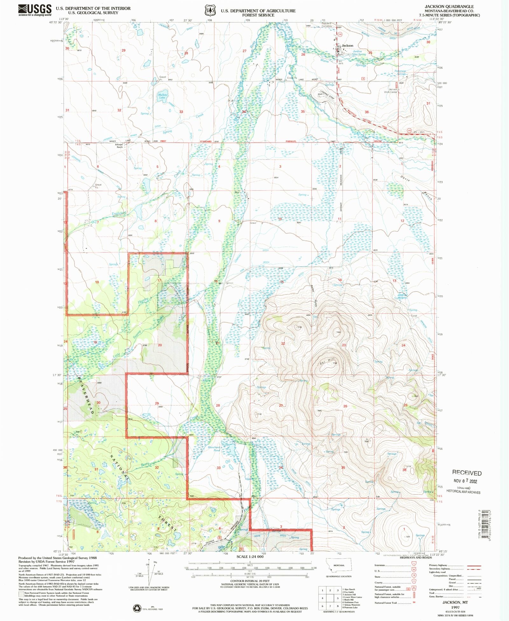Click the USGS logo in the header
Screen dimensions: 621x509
click(x=35, y=10)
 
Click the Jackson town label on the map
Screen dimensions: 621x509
click(x=347, y=46)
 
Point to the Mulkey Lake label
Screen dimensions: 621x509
click(x=162, y=96)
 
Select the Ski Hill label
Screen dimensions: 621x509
click(x=326, y=361)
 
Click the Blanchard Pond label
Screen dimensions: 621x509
click(x=214, y=449)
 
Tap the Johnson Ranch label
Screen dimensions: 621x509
click(x=119, y=146)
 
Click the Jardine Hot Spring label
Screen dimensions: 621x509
click(x=359, y=53)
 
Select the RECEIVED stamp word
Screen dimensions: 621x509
click(x=467, y=473)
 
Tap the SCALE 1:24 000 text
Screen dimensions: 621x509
click(x=250, y=557)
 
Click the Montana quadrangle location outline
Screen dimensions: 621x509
click(x=339, y=565)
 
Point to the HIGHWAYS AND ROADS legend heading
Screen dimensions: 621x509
click(x=415, y=557)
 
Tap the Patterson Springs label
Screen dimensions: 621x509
click(x=400, y=73)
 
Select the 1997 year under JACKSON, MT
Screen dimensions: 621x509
click(x=455, y=607)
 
